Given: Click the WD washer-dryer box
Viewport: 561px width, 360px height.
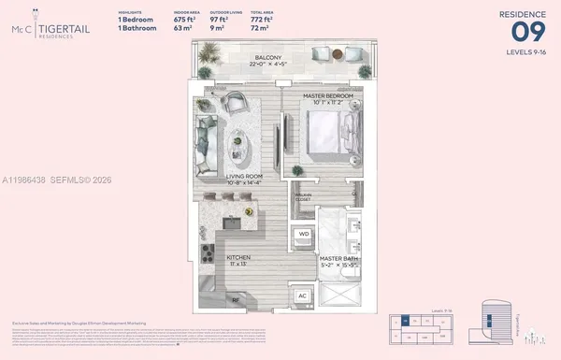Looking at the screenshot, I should coord(304,234).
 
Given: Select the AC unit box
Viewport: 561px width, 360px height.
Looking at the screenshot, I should coord(302,295).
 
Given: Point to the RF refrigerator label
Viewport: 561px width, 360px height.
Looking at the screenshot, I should coord(236,302).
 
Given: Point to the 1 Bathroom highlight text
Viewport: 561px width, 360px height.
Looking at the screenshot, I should coord(137,26).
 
